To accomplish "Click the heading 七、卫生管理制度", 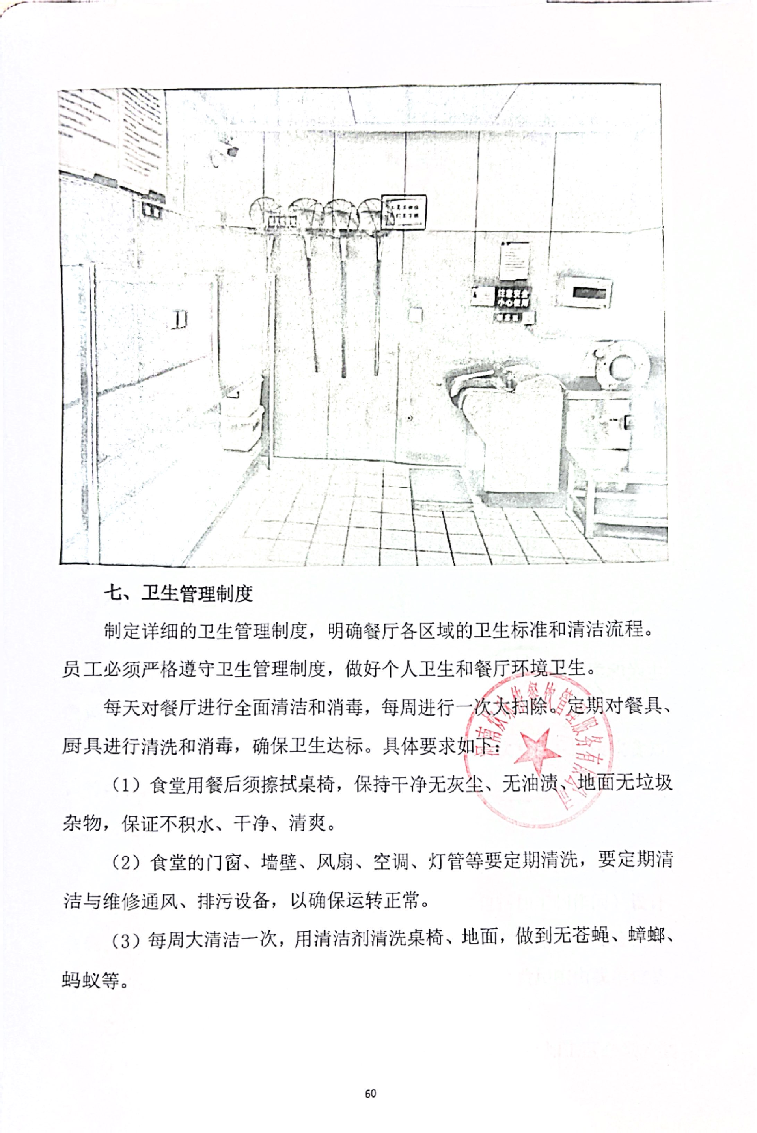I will (x=179, y=593).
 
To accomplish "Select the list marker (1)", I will (x=126, y=785).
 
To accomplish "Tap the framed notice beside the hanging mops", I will (x=404, y=212).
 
